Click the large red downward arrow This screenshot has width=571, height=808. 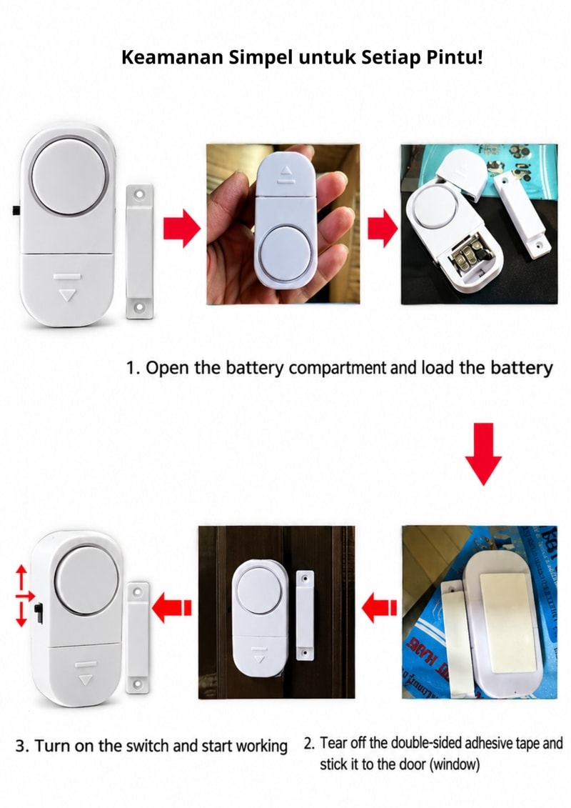click(x=483, y=454)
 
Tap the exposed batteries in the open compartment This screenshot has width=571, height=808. click(x=468, y=256)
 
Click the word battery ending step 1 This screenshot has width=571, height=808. click(x=521, y=368)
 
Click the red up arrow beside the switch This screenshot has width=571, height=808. click(x=21, y=577)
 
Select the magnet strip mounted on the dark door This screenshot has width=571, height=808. click(x=305, y=615)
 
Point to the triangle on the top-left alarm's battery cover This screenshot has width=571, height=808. click(x=67, y=295)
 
